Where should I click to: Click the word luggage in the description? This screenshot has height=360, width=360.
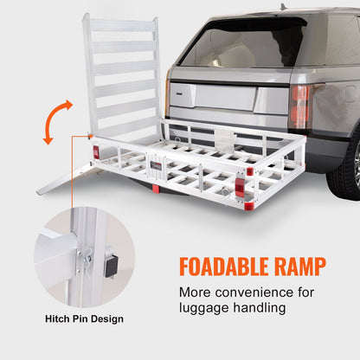(x=205, y=307)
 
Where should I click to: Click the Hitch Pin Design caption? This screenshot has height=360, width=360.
(x=85, y=319)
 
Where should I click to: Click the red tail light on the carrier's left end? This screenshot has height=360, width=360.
(x=95, y=152)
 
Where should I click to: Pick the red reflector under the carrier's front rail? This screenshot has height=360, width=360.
(x=155, y=188)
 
